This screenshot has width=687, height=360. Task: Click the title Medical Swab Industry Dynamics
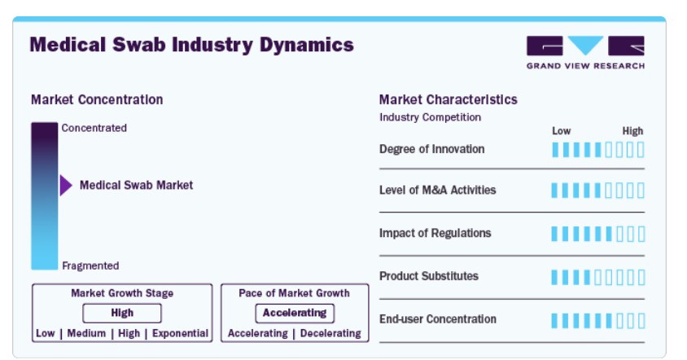[x=191, y=45]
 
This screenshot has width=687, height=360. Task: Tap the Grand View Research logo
[x=585, y=53]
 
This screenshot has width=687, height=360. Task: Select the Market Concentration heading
[x=97, y=99]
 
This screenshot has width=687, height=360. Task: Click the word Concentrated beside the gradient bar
[x=94, y=128]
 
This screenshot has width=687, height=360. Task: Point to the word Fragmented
[x=90, y=266]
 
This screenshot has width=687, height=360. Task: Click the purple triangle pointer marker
[x=66, y=186]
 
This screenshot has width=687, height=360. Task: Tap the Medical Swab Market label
[x=136, y=185]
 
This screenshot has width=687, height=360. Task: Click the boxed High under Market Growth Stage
[x=122, y=313]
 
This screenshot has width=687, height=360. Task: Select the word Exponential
[x=180, y=333]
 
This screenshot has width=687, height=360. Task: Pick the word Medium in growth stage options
[x=86, y=333]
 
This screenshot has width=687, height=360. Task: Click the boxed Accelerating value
[x=295, y=313]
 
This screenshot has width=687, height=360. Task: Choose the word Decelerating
[x=330, y=333]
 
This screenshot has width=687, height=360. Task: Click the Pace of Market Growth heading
[x=294, y=293]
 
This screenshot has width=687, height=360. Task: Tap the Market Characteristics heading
[x=449, y=99]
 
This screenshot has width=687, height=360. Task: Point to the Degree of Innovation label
[x=432, y=149]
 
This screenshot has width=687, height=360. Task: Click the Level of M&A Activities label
[x=438, y=190]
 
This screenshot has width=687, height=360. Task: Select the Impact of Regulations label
[x=435, y=233]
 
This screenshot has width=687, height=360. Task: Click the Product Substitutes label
[x=429, y=276]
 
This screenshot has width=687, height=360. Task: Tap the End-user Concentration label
[x=438, y=318]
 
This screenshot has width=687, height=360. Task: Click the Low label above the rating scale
[x=562, y=131]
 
